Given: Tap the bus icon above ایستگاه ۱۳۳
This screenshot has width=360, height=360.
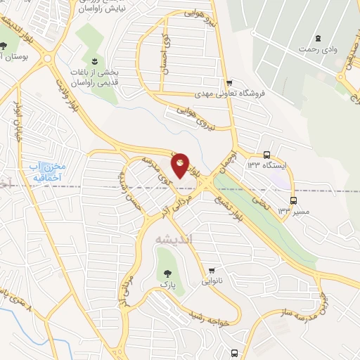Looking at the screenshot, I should tap(266, 155).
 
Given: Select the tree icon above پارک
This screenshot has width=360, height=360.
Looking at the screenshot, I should tap(166, 272).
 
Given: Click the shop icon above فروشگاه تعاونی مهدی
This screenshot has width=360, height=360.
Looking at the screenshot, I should tap(229, 82).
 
